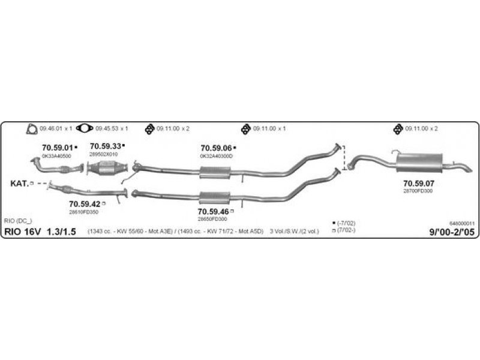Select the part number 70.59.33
pyautogui.click(x=106, y=146)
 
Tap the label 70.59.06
pyautogui.click(x=216, y=148)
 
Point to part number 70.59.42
pyautogui.click(x=85, y=204)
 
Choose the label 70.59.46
pyautogui.click(x=213, y=211)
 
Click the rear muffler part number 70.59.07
pyautogui.click(x=418, y=183)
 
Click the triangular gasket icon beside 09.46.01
pyautogui.click(x=31, y=128)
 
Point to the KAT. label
pyautogui.click(x=19, y=183)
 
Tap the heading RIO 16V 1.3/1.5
pyautogui.click(x=41, y=232)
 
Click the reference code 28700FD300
pyautogui.click(x=418, y=191)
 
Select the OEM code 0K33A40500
pyautogui.click(x=56, y=155)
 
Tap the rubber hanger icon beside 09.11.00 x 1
pyautogui.click(x=245, y=128)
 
